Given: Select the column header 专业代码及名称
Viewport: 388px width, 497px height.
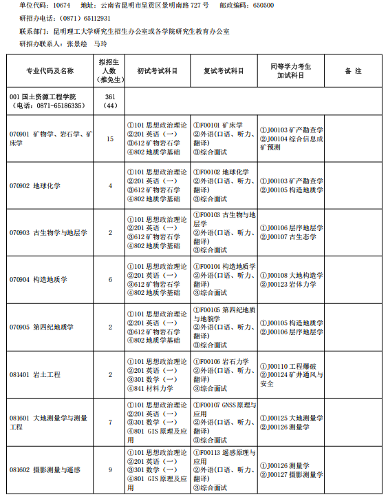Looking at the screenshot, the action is [50, 71].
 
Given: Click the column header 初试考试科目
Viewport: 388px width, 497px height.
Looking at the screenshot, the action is [158, 71].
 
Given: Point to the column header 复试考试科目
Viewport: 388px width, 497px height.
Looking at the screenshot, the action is [224, 71].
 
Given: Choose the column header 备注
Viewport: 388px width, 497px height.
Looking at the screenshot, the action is [353, 71].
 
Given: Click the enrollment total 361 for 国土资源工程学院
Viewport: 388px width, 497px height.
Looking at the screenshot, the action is [110, 97].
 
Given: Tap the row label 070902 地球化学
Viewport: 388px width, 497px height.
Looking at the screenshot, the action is [35, 185].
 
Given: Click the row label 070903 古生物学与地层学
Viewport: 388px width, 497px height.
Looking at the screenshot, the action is [48, 232].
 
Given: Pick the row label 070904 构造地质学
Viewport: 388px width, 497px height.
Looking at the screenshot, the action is [39, 279].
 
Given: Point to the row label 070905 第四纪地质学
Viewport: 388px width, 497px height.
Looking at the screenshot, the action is [41, 327].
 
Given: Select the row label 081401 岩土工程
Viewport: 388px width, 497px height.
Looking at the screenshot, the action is [35, 374].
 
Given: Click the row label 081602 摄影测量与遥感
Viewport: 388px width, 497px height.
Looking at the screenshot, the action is [45, 469].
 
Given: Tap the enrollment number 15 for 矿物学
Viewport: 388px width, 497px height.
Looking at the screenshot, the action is [110, 139].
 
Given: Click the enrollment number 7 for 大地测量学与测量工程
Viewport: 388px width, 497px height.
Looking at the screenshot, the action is [110, 422].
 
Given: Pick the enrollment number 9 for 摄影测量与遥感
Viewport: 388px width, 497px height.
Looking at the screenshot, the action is [110, 469].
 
